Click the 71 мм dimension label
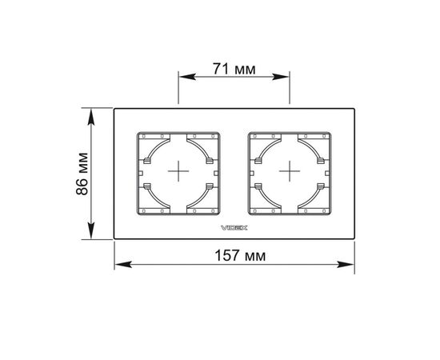(x=234, y=69)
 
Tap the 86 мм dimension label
(x=82, y=174)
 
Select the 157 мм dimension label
(x=240, y=256)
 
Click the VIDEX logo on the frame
(x=234, y=228)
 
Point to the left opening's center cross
(x=178, y=171)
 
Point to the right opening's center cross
(x=290, y=171)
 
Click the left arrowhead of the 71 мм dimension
(x=187, y=77)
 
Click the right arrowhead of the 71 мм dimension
(x=280, y=77)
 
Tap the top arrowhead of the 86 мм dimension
(x=91, y=117)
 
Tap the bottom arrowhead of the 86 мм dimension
(x=91, y=230)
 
